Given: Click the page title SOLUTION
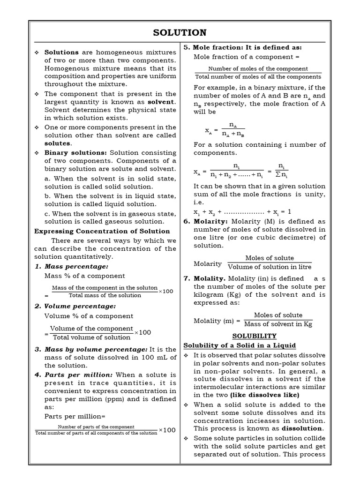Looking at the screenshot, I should (x=180, y=32).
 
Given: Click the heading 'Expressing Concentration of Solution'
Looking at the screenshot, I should (x=102, y=231).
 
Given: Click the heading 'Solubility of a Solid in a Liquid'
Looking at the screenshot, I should (x=240, y=345).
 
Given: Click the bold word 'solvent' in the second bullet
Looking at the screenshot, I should (x=162, y=102).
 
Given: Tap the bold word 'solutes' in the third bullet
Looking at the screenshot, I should (x=57, y=143).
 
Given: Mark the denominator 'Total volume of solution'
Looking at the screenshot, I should (x=92, y=337).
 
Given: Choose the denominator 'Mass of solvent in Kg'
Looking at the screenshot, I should (x=278, y=324).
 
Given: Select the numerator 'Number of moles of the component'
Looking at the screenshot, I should (x=258, y=68).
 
